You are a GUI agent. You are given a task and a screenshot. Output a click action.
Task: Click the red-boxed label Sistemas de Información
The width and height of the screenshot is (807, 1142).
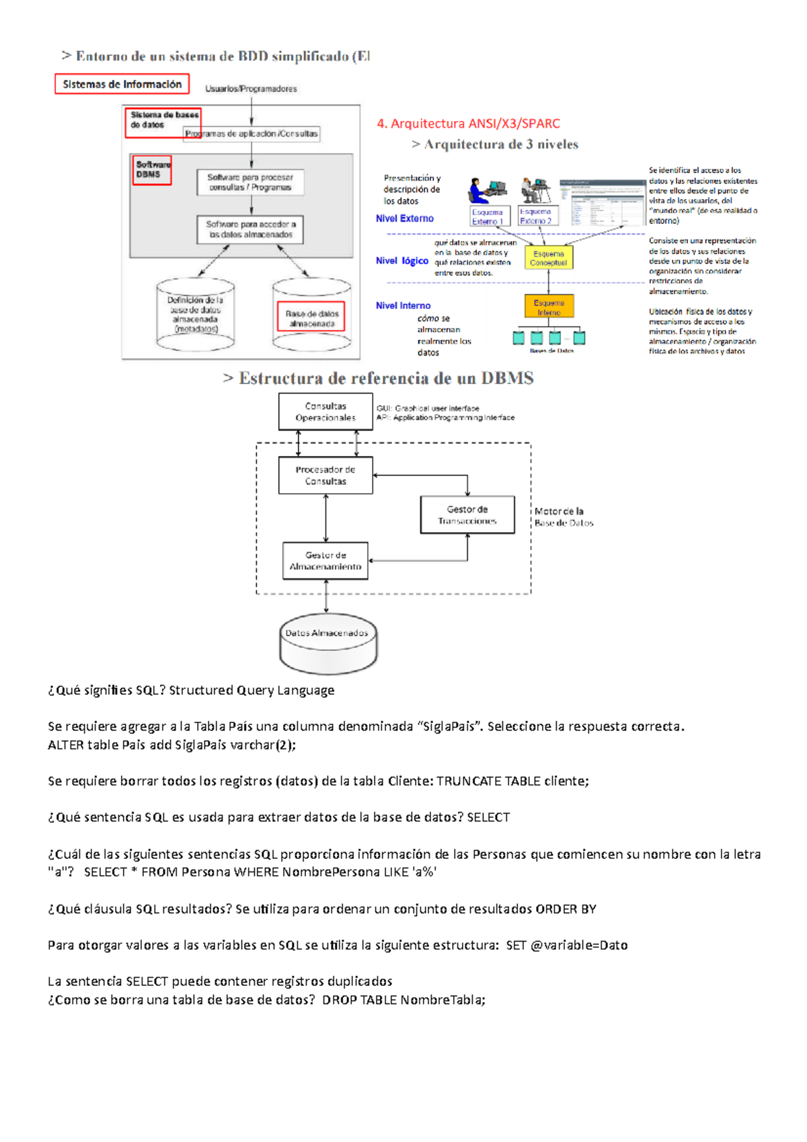pyautogui.click(x=122, y=84)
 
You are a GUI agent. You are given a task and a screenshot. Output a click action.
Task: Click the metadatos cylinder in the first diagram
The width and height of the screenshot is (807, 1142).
pyautogui.click(x=195, y=315)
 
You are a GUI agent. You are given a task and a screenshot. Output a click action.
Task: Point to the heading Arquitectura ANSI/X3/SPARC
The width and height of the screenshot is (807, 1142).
pyautogui.click(x=468, y=124)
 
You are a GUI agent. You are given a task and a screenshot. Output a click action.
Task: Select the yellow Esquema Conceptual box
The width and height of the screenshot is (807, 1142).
pyautogui.click(x=548, y=258)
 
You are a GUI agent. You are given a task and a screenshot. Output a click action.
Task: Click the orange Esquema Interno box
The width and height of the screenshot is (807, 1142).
pyautogui.click(x=549, y=307)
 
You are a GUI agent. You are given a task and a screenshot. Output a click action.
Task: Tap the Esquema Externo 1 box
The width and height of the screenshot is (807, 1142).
pyautogui.click(x=488, y=217)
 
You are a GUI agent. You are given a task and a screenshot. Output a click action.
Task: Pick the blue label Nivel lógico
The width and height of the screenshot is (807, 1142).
pyautogui.click(x=402, y=261)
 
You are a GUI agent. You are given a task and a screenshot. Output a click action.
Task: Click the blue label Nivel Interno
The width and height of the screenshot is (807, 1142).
pyautogui.click(x=403, y=305)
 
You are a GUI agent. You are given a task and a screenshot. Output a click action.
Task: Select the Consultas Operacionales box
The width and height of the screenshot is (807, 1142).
pyautogui.click(x=325, y=412)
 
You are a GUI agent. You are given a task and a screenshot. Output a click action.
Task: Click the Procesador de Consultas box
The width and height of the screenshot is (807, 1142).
pyautogui.click(x=325, y=475)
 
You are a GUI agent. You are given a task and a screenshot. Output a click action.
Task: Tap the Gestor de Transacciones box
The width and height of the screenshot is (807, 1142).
pyautogui.click(x=467, y=515)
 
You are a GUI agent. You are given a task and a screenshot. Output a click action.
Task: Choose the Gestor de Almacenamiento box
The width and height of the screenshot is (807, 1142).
pyautogui.click(x=325, y=561)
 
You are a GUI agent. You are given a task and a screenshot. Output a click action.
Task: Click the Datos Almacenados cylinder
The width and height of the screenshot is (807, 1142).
pyautogui.click(x=328, y=642)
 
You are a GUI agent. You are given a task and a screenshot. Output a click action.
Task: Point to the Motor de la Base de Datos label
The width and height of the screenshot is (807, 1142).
pyautogui.click(x=564, y=517)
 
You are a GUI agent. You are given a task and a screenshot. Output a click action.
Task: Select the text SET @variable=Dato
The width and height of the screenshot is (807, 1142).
pyautogui.click(x=566, y=946)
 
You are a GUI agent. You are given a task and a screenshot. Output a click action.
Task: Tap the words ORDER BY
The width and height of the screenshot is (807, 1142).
pyautogui.click(x=566, y=909)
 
